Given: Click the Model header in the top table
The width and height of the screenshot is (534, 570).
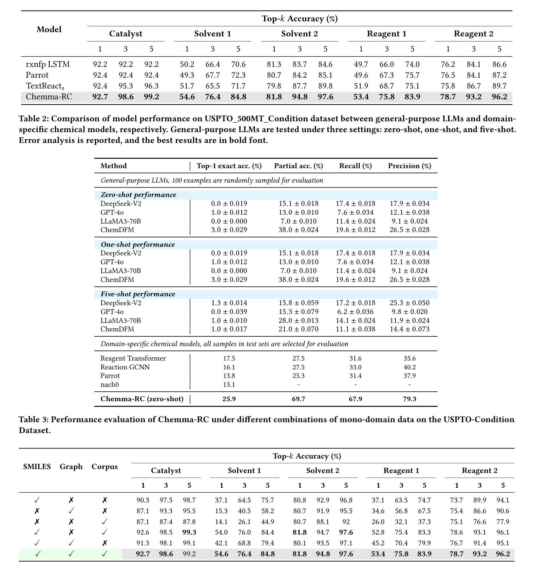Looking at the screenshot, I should [49, 29].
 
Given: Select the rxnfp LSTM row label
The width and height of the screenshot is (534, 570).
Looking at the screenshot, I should [48, 64].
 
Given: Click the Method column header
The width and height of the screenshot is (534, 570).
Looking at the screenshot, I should [113, 166].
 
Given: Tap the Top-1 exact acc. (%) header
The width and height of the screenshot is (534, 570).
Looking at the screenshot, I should [229, 166].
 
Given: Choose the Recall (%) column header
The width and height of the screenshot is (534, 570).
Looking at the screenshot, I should [355, 166].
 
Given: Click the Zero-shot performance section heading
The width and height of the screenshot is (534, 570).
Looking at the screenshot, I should [138, 195].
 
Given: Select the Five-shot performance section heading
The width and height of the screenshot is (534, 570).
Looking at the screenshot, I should [138, 294].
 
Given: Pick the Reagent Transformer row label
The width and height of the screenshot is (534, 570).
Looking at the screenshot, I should [133, 358].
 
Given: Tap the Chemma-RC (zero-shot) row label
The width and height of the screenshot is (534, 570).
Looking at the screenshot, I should [142, 399].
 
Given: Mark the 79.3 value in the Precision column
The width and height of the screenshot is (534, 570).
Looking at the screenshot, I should [410, 399].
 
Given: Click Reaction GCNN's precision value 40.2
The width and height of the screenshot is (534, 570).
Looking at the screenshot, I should [410, 367].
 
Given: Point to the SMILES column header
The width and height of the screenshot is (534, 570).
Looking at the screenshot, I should [37, 466].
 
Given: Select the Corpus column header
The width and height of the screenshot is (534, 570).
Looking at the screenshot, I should [105, 466].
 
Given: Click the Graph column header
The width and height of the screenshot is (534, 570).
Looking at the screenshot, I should [71, 466].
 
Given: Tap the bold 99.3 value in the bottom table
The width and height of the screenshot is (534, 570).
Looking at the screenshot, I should [189, 532].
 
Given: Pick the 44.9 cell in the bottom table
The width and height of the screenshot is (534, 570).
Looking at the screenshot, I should [267, 521].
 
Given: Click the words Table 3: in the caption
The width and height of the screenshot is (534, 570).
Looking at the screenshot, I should [34, 420].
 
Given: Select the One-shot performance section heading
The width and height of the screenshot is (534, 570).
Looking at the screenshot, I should [138, 245].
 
